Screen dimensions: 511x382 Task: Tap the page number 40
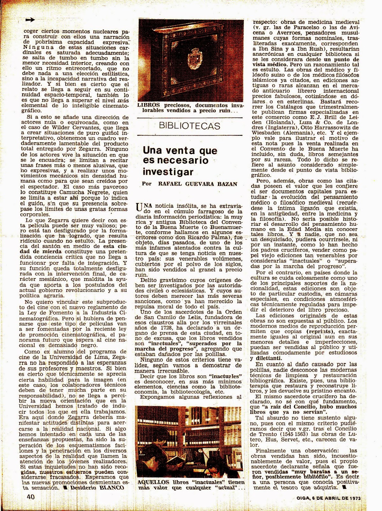31,497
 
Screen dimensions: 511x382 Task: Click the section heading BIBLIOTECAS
190,126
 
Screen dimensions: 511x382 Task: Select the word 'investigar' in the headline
168,172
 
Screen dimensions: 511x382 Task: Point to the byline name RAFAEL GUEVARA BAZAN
198,184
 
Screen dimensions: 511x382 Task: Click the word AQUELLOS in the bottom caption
151,482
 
